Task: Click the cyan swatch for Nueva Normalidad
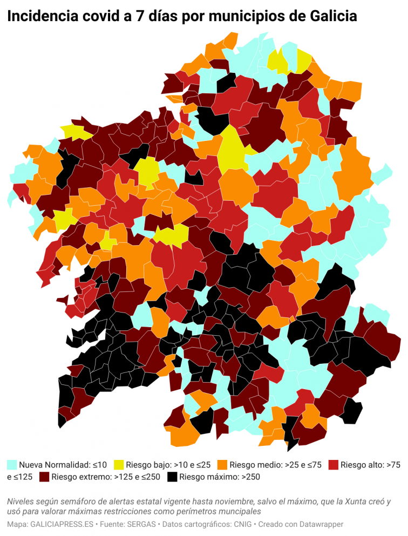[12, 464]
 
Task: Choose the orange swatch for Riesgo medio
[222, 464]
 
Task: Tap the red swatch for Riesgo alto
[334, 464]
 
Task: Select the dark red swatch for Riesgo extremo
[44, 477]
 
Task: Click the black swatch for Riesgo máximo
[172, 477]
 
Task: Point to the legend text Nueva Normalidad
[55, 464]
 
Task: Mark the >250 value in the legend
[250, 477]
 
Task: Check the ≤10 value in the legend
[100, 464]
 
